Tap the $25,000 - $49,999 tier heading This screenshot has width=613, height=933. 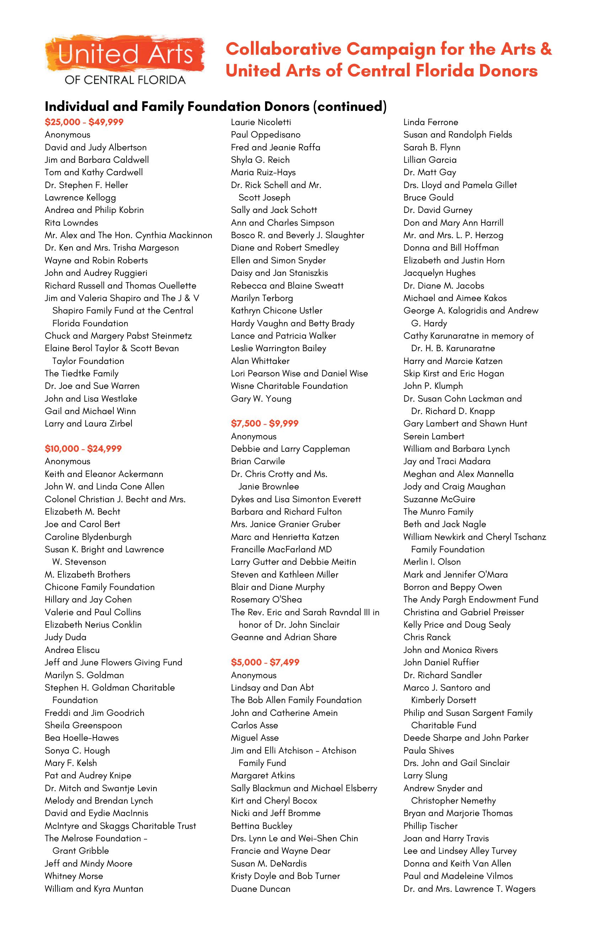point(84,122)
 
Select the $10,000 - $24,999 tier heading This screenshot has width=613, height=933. point(83,449)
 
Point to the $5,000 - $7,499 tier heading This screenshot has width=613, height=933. point(265,662)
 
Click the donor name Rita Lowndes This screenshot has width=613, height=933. point(71,222)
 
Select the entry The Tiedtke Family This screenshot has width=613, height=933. point(81,373)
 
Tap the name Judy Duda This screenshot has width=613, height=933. point(65,637)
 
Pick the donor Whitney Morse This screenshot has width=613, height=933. point(74,876)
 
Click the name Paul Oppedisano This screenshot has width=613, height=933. point(265,135)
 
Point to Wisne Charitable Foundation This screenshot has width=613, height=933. point(289,386)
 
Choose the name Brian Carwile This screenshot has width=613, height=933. point(258,461)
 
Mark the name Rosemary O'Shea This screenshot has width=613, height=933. point(266,599)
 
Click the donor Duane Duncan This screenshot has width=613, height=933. point(260,888)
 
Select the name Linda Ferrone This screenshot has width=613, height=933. point(430,122)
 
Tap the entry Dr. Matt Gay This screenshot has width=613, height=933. point(430,172)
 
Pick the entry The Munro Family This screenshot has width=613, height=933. point(438,511)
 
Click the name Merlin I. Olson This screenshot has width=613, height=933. point(432,562)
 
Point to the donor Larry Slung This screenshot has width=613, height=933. point(425,776)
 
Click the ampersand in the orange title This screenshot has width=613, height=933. point(545,49)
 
